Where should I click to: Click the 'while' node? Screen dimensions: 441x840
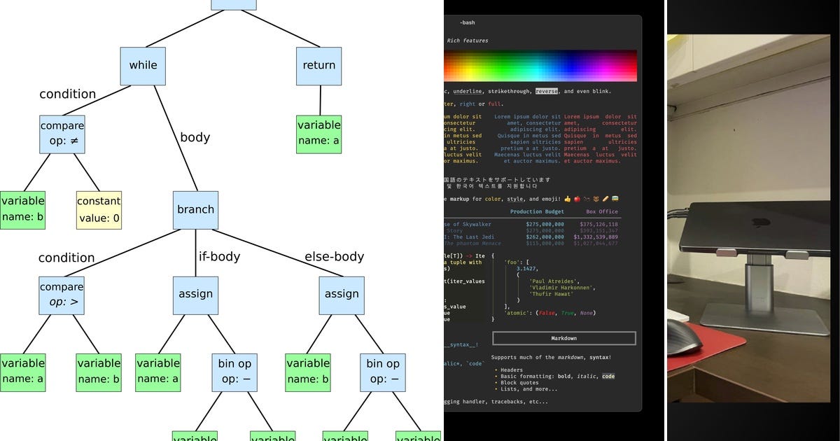[143, 65]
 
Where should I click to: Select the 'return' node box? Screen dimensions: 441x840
[318, 65]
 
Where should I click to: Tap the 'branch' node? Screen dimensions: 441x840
[195, 209]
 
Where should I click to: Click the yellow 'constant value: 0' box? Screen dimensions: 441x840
[99, 209]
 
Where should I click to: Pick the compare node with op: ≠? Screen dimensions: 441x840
[62, 134]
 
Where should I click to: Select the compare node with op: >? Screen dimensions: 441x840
[62, 295]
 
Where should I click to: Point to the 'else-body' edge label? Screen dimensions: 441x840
[334, 256]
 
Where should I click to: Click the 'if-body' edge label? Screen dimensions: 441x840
[219, 256]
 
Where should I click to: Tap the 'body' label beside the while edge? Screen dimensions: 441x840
[195, 137]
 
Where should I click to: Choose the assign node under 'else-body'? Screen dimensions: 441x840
[342, 295]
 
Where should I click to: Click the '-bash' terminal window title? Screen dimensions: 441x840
[468, 22]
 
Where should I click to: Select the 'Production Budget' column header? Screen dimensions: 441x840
[537, 211]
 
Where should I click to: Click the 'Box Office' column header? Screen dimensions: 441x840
[603, 211]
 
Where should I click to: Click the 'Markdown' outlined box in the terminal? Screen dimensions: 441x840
[563, 338]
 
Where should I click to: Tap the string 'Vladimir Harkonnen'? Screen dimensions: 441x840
[561, 288]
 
